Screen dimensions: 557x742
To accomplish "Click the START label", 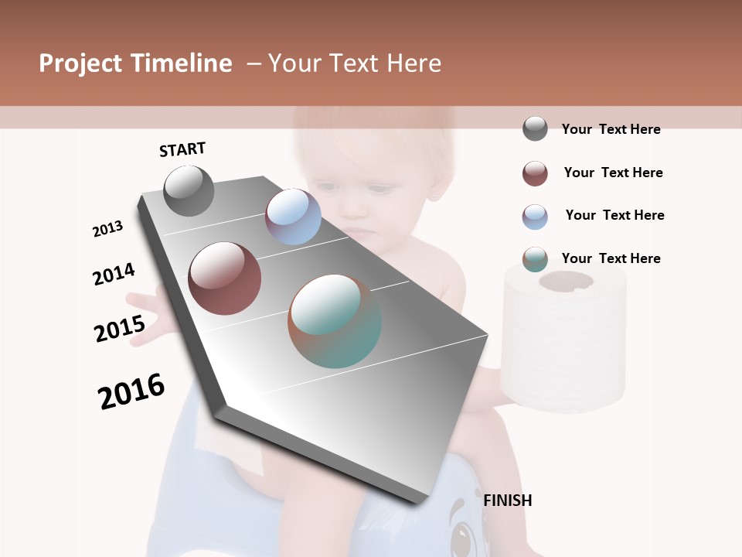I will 182,149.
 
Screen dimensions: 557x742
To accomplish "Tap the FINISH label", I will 507,501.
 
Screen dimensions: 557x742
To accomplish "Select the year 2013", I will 107,229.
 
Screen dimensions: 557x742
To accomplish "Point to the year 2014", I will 114,274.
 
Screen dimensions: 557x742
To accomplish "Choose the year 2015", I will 120,329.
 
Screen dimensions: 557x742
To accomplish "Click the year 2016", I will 131,391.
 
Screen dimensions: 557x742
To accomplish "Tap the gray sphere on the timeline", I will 189,190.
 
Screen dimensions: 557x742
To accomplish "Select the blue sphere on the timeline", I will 293,217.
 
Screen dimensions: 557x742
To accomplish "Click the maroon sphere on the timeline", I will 225,278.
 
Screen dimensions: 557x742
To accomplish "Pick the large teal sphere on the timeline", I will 335,320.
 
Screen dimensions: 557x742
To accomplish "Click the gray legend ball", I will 535,128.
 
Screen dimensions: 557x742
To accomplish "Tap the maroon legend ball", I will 535,173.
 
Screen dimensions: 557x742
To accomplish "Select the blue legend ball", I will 535,217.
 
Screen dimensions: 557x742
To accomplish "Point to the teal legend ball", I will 535,259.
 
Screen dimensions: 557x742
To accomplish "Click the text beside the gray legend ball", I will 611,129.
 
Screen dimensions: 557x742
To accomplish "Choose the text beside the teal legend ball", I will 611,258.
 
